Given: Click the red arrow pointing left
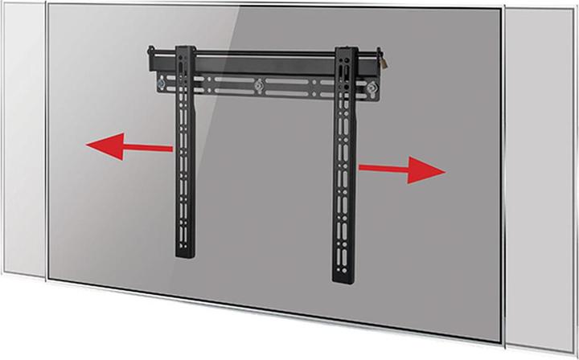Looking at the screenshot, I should [x=129, y=148].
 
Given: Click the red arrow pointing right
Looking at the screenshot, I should [x=401, y=170].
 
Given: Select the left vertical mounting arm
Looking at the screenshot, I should [x=184, y=161].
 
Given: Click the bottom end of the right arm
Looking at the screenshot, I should [x=344, y=277].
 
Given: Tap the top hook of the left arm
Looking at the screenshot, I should [x=185, y=48].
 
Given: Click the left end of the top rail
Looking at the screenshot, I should [x=149, y=58].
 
